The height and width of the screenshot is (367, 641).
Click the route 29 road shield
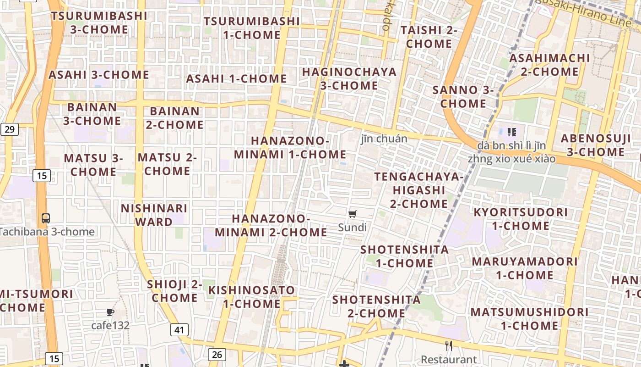point(9,129)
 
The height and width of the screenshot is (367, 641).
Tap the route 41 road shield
point(179,329)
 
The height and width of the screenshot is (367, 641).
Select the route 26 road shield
point(217,354)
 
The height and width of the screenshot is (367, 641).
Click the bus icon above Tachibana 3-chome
point(45,218)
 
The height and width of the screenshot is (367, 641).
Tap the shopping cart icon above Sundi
point(353,214)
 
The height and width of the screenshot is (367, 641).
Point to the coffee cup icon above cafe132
point(110,312)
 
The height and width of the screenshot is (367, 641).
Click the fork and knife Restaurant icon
point(449,346)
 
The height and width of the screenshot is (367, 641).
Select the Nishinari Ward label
point(154,215)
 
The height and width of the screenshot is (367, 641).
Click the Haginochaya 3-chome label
point(349,79)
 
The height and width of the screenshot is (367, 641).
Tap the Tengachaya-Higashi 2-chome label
point(419,190)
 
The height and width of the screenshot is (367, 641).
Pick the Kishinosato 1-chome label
point(252,297)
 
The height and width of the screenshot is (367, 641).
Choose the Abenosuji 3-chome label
point(596,145)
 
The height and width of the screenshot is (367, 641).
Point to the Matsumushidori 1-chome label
point(529,319)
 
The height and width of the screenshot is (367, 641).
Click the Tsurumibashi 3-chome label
point(99,22)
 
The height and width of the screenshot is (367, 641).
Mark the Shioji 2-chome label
point(175,291)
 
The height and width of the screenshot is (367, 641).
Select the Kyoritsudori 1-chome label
point(521,219)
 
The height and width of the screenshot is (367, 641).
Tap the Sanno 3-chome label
point(463,96)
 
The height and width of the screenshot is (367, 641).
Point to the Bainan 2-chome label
point(175,118)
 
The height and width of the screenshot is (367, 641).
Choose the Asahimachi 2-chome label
point(549,65)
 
